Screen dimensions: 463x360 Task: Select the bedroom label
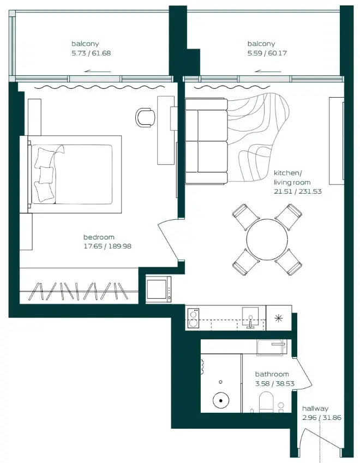pyautogui.click(x=99, y=237)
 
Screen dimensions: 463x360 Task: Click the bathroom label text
pyautogui.click(x=272, y=374)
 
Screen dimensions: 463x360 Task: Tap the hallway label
pyautogui.click(x=315, y=408)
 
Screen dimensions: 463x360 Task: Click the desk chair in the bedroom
pyautogui.click(x=144, y=117)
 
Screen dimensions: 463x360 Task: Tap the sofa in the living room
pyautogui.click(x=206, y=141)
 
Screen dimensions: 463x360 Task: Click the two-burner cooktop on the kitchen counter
pyautogui.click(x=193, y=318)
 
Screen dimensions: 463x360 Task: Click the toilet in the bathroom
pyautogui.click(x=265, y=401)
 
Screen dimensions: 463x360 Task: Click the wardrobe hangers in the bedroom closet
pyautogui.click(x=80, y=291)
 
